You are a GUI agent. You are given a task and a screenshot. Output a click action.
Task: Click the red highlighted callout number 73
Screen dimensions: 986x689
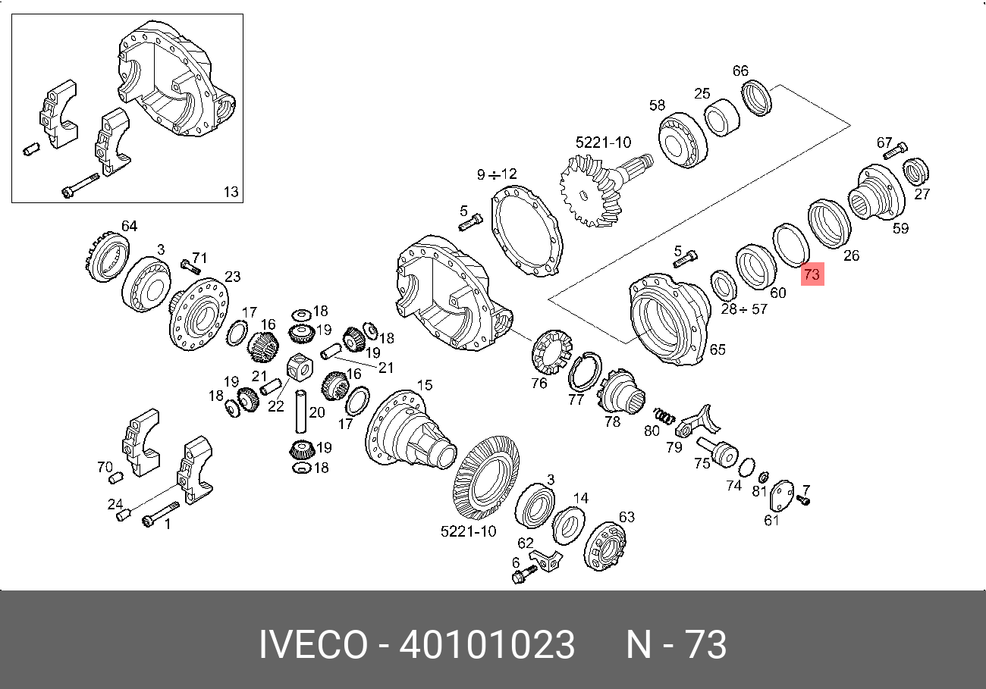[812, 274]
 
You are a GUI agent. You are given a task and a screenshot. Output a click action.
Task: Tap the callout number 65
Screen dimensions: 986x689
[718, 349]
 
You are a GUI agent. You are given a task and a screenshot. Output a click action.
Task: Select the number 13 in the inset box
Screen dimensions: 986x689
[231, 192]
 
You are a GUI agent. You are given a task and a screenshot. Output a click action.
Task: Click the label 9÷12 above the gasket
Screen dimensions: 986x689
[497, 174]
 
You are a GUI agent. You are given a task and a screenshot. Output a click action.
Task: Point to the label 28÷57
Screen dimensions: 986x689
[744, 308]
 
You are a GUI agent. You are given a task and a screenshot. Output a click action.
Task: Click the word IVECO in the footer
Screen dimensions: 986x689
[313, 644]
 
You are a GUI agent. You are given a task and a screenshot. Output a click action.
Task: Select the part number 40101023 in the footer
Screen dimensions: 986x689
[487, 644]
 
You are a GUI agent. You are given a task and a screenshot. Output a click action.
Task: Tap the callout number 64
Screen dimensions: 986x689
[129, 226]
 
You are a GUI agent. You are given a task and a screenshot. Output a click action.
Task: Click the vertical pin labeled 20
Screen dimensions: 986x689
[300, 412]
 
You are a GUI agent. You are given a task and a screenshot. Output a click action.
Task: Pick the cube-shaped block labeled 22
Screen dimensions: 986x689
[300, 368]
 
